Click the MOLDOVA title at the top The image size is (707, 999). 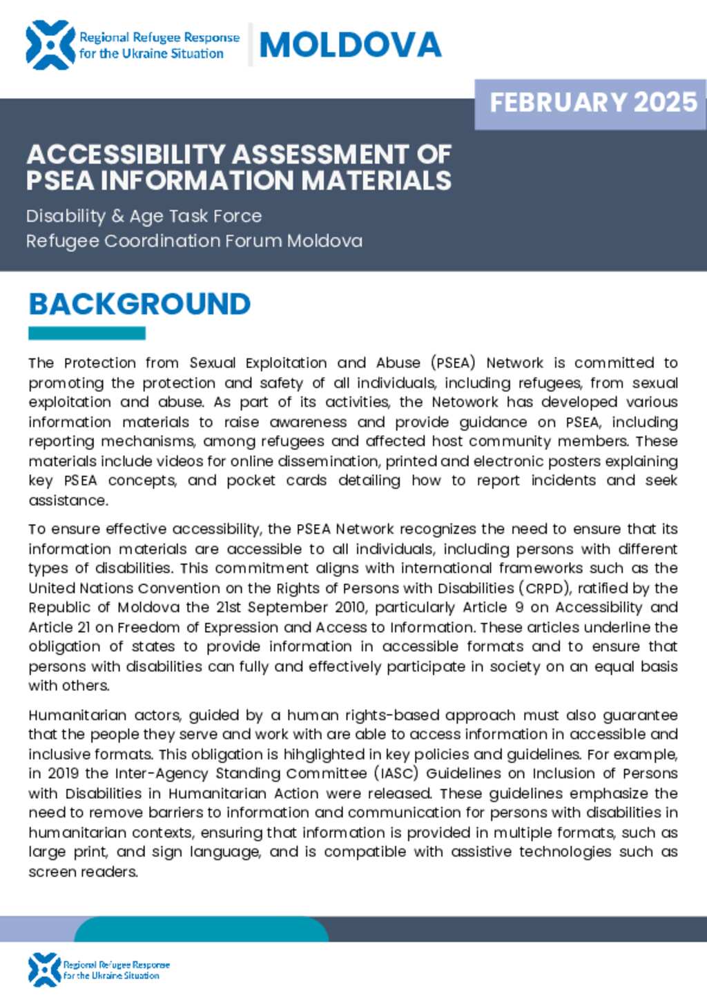click(350, 46)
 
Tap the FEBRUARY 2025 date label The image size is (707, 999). click(593, 102)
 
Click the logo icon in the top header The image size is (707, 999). click(50, 46)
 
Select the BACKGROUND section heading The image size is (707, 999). click(139, 304)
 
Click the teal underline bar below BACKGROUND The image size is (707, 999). click(86, 333)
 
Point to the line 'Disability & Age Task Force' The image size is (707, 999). click(144, 216)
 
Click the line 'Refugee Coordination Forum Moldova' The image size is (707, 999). click(194, 241)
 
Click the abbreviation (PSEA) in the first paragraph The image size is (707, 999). click(454, 363)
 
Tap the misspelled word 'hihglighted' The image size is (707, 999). click(342, 754)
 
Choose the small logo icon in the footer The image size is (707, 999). click(45, 969)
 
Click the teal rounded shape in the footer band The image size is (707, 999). click(200, 929)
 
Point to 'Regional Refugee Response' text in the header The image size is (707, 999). click(159, 37)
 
